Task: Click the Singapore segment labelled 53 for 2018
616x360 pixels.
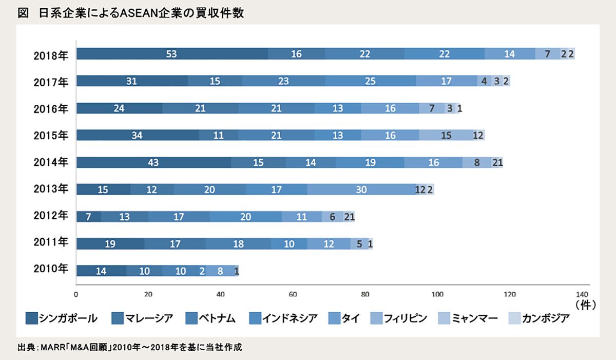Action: coord(172,54)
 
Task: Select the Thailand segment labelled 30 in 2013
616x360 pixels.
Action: coord(361,190)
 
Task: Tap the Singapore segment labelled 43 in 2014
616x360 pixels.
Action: coord(153,163)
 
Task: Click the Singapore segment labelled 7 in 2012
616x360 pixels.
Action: coord(89,217)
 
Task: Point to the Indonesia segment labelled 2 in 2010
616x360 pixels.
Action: coord(202,271)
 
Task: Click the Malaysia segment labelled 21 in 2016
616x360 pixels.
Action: coord(200,108)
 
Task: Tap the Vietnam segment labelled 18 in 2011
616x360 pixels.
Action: coord(238,244)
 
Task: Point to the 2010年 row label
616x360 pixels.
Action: coord(51,271)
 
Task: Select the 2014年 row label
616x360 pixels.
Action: coord(51,163)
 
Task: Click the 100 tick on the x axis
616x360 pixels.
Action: coord(437,295)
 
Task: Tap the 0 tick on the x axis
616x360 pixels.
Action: coord(76,295)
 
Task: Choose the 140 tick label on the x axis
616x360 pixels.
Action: coord(582,295)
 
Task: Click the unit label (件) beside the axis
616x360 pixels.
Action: coord(585,305)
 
